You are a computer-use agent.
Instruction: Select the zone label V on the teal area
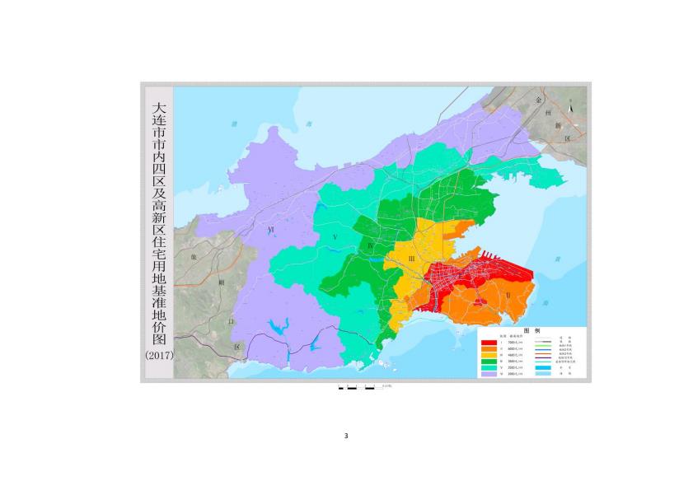click(335, 237)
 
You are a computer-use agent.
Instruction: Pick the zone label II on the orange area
click(508, 294)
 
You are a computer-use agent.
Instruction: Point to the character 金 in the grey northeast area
click(538, 99)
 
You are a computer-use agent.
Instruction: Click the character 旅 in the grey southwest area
click(194, 257)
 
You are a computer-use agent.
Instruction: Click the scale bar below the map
click(363, 386)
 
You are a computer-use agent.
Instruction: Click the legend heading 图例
click(531, 330)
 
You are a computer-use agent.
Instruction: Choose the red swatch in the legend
click(489, 343)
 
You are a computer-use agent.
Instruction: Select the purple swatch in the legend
click(489, 374)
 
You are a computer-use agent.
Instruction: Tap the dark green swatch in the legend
click(489, 362)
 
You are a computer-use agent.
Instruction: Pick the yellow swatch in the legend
click(489, 356)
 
